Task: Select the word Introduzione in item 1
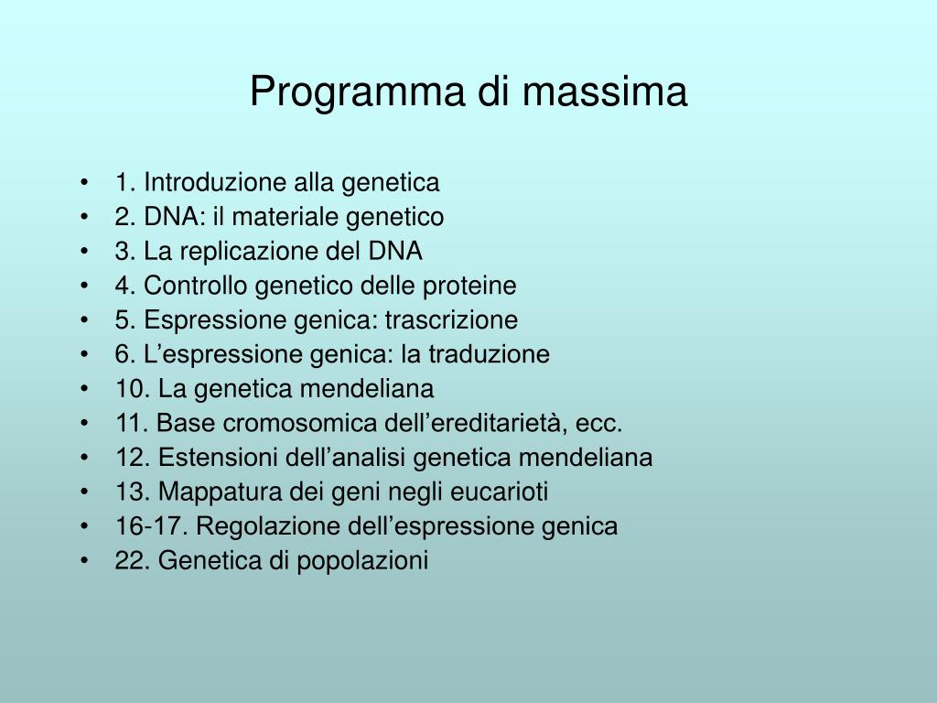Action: [215, 182]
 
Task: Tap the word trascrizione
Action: [451, 320]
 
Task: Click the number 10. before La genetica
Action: [133, 389]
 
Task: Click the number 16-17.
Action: [152, 526]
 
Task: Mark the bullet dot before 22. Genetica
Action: [84, 561]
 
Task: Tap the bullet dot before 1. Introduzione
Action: [84, 183]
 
